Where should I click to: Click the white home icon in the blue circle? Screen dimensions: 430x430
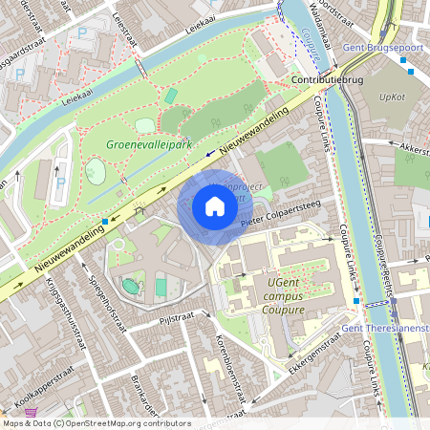[215, 206]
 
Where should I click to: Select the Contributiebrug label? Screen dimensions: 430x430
[328, 80]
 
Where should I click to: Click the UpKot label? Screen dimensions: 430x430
[392, 97]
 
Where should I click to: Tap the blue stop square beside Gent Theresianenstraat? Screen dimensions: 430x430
[356, 302]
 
